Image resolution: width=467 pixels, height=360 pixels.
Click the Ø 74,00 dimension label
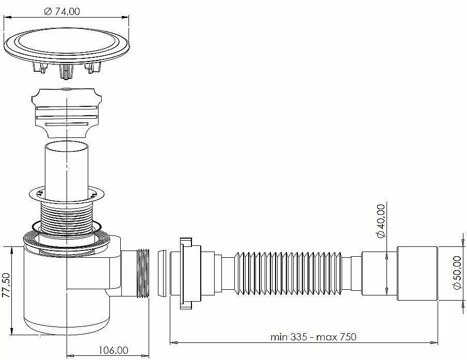tap(62, 11)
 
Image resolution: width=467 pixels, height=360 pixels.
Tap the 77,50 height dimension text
tap(6, 285)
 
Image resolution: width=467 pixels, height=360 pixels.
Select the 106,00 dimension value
tap(114, 350)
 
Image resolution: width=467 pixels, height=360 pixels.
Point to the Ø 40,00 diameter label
tap(381, 221)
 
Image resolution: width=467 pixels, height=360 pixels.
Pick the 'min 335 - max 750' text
tap(313, 337)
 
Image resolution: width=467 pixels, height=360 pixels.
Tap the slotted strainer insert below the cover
tap(67, 113)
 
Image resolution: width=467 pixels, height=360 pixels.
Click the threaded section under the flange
tap(67, 217)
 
